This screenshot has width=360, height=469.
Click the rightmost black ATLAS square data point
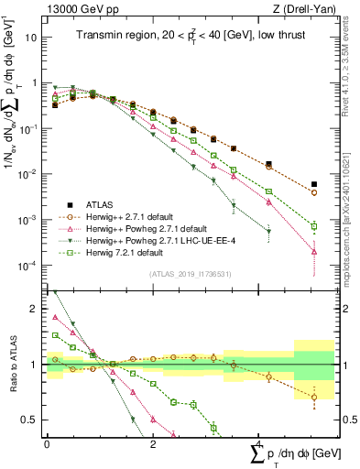[314, 184]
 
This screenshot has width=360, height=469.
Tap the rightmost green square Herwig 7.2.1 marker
[314, 225]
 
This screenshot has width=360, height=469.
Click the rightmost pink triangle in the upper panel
[314, 251]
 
